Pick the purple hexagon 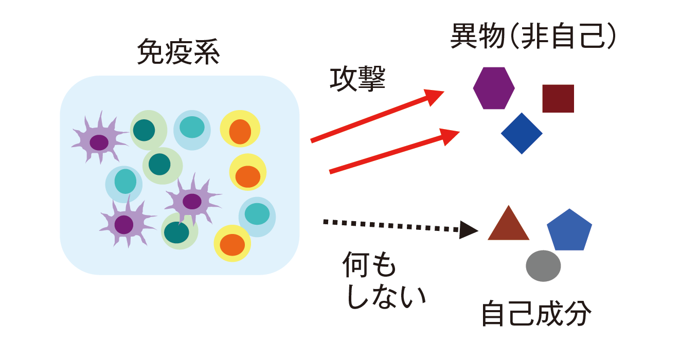pos(494,88)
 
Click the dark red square pos(558,98)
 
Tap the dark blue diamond pos(522,133)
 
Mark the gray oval pos(543,266)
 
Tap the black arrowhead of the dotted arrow pos(469,229)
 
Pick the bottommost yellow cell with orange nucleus pos(232,243)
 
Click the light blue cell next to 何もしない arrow pos(257,216)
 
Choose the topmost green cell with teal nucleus pos(148,130)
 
